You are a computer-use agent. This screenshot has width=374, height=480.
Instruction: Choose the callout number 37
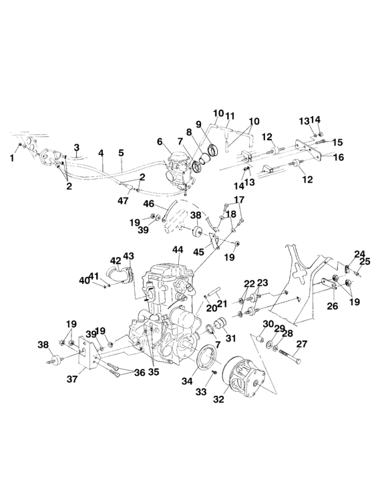[71, 379]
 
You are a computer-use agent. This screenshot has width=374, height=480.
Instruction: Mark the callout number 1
[12, 158]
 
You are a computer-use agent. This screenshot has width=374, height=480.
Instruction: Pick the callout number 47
[124, 200]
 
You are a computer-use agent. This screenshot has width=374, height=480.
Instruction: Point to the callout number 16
[338, 158]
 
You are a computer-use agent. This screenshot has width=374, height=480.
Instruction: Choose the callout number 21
[222, 303]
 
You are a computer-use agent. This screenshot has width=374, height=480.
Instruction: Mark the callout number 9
[198, 124]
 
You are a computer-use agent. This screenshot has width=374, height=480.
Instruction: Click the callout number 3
[77, 146]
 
